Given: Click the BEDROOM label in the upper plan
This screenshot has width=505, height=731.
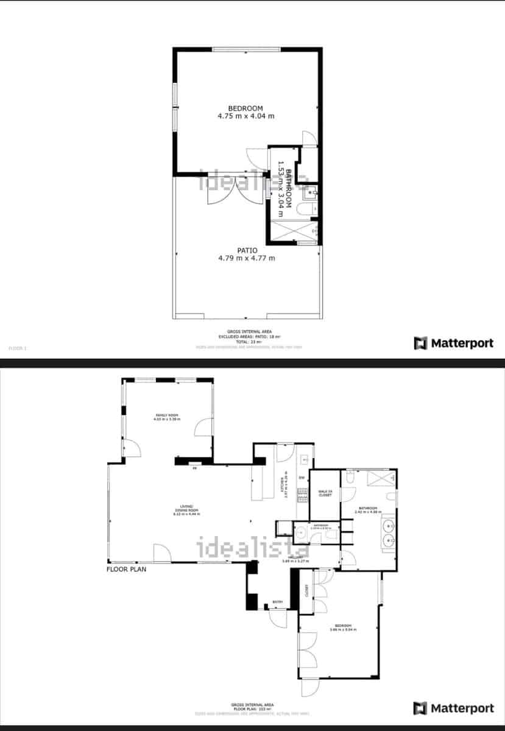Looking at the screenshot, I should (x=245, y=108).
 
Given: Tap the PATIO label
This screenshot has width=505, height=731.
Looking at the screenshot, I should (x=247, y=250).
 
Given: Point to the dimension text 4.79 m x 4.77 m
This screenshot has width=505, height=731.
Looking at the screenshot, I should (x=247, y=258).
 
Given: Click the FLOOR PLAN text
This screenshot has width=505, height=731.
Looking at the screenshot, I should (x=126, y=570).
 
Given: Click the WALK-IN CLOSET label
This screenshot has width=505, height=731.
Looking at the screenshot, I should (x=325, y=493).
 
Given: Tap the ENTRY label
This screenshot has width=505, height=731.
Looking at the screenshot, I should (x=278, y=602).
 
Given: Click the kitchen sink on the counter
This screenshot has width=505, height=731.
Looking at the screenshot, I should (x=304, y=461).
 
